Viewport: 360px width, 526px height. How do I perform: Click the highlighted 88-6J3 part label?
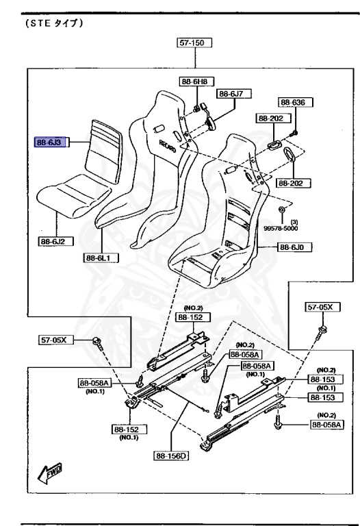(x=51, y=142)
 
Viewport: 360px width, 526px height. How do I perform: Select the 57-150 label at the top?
(x=194, y=42)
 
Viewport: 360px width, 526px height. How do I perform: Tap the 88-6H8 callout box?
(x=196, y=82)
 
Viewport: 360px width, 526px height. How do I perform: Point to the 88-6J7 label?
(x=234, y=94)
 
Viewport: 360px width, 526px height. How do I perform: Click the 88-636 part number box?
(x=295, y=102)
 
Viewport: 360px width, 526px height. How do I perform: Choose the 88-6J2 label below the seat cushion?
(x=55, y=241)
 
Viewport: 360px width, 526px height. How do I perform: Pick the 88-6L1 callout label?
(x=101, y=258)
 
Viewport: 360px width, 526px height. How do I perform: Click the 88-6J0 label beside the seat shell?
(x=294, y=247)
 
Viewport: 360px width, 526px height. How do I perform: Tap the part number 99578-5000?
(x=281, y=229)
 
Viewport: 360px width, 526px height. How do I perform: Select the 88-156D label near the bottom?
(x=171, y=456)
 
